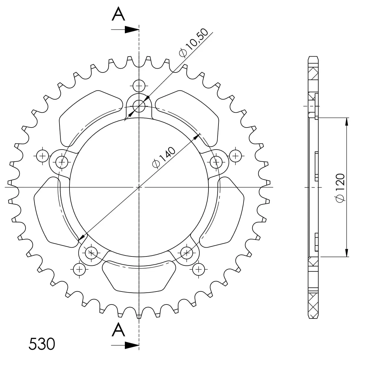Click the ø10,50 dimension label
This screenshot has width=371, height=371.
193,43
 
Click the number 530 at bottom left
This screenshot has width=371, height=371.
42,344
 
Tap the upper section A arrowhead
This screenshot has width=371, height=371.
132,30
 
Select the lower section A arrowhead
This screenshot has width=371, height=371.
132,345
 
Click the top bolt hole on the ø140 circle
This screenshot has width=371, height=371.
139,106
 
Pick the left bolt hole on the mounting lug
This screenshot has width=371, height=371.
62,162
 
